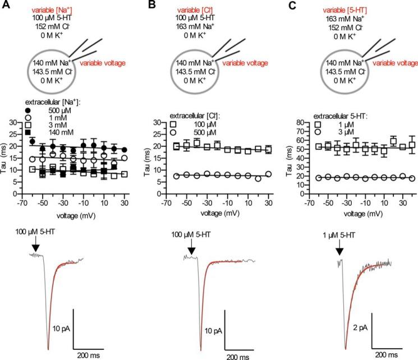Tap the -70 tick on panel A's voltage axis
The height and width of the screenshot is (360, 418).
19,205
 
